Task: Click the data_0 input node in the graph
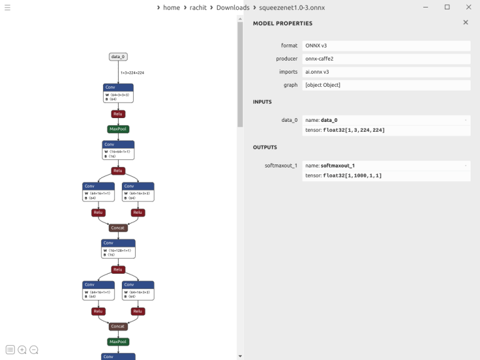118,57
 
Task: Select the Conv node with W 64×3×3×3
118,93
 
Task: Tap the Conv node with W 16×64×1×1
118,150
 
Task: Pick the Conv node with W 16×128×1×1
118,249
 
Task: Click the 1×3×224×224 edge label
132,73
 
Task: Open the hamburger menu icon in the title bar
7,7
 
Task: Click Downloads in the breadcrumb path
232,7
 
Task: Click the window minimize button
428,7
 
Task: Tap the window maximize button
447,7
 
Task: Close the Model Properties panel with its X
465,22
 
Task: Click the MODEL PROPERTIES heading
282,23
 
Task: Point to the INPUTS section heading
262,102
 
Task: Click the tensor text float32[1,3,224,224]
354,130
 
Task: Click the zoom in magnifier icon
22,350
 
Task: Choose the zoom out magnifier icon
34,350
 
